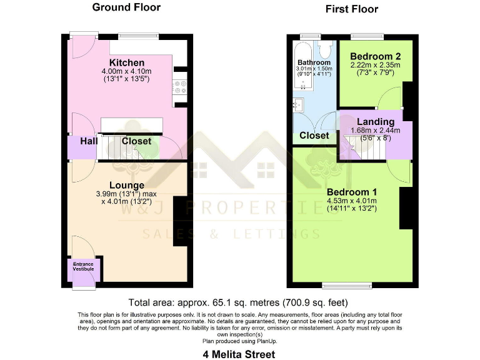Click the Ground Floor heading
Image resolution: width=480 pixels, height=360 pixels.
click(126, 7)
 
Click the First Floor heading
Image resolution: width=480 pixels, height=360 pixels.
click(352, 9)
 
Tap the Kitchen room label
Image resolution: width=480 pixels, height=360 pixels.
click(127, 63)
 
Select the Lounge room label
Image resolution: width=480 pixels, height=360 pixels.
click(127, 185)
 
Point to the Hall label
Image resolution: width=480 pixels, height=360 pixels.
click(89, 142)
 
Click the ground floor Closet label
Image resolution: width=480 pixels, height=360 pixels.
click(136, 141)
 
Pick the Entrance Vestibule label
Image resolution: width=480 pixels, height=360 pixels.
click(83, 267)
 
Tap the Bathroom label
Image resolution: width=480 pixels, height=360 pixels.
click(314, 62)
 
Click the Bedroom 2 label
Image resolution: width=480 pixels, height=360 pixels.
click(376, 56)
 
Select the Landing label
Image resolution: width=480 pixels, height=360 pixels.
click(376, 121)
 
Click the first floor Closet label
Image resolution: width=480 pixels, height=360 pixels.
click(314, 136)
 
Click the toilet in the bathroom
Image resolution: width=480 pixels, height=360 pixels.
click(326, 50)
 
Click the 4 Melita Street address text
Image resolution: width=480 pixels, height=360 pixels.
click(239, 354)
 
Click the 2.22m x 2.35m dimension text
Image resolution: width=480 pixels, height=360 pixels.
click(376, 64)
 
